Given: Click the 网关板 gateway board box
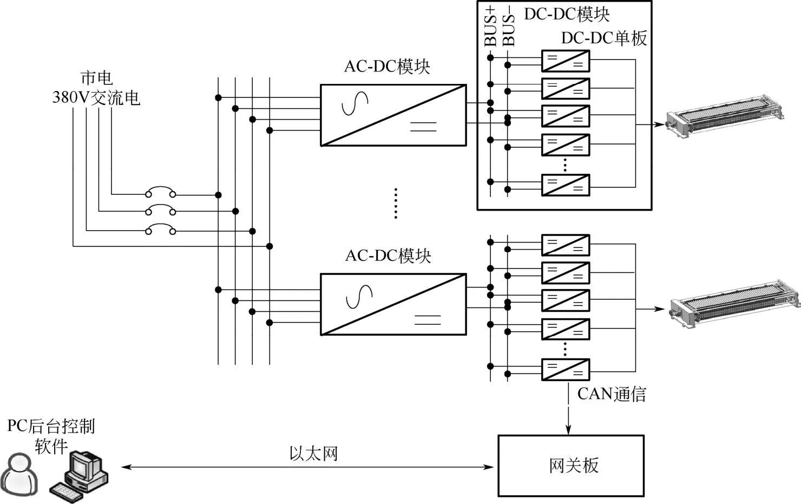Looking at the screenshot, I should (x=571, y=466).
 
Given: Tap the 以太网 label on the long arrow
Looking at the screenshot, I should (x=313, y=454).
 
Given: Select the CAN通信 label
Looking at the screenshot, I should (x=612, y=394).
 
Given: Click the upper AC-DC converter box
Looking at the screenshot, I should (x=393, y=115).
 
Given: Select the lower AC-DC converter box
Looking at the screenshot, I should (x=393, y=304).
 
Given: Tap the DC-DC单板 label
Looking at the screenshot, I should (x=604, y=38).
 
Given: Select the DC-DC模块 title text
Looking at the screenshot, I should (x=567, y=14).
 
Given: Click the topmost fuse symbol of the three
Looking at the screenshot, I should (x=160, y=193).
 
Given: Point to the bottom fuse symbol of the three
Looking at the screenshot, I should (x=160, y=230).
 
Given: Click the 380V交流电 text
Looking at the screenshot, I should (x=96, y=98).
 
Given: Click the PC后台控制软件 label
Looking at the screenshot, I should (x=51, y=436).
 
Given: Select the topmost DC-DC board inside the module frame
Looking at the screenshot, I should (x=566, y=61).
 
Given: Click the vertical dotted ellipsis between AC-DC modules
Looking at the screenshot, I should (x=396, y=203).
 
